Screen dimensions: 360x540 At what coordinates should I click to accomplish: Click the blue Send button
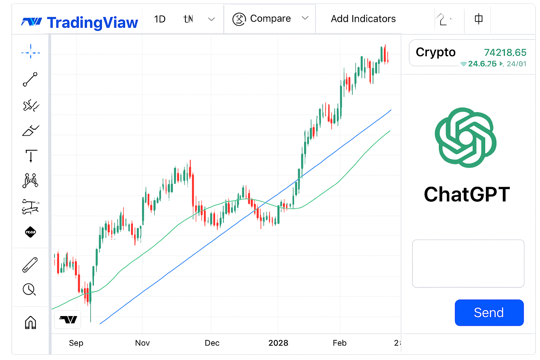click(x=489, y=313)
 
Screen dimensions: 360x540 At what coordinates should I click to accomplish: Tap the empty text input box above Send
click(x=468, y=263)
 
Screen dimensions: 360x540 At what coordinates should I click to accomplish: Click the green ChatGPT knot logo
click(x=465, y=137)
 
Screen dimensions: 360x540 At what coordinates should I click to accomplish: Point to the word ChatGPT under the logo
click(x=467, y=194)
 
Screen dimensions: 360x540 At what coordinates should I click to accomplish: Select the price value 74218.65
click(x=505, y=52)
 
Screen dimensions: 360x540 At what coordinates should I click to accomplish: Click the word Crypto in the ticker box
click(x=436, y=52)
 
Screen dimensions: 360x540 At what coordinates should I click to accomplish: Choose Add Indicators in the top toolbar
click(x=363, y=19)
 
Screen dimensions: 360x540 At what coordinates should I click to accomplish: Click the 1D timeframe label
click(x=160, y=19)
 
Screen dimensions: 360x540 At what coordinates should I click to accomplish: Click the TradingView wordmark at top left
click(x=92, y=22)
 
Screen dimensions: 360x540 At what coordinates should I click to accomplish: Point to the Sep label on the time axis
click(x=76, y=343)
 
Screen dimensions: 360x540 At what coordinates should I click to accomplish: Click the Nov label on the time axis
click(x=142, y=343)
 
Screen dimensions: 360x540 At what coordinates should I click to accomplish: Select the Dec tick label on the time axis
click(x=212, y=343)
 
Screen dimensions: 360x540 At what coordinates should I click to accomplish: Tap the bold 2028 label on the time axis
click(x=278, y=343)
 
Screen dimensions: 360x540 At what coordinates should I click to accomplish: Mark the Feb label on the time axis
click(x=340, y=343)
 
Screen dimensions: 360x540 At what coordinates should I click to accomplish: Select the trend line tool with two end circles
click(x=30, y=79)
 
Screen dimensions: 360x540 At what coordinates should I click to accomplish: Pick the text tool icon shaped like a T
click(x=31, y=156)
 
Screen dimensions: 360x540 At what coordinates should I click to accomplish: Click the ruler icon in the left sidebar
click(x=30, y=265)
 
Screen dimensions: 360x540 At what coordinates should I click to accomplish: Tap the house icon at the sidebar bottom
click(x=31, y=322)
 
